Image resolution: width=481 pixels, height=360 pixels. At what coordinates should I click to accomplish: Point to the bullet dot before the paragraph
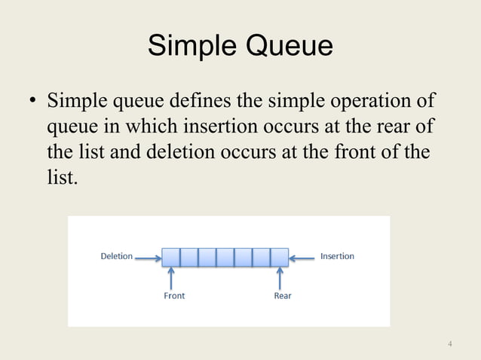(x=33, y=102)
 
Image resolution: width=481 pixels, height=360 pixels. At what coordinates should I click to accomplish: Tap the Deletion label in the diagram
(x=116, y=256)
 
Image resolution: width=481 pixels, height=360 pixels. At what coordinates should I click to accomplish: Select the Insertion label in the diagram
(x=337, y=256)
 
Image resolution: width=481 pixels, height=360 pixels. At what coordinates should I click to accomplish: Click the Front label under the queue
(x=174, y=296)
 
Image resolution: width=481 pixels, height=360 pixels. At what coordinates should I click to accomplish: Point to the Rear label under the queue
(x=283, y=296)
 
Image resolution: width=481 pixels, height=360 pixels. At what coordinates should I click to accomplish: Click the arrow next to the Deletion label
(x=148, y=257)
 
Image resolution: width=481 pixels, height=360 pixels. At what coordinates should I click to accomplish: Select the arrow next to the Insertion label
(x=304, y=257)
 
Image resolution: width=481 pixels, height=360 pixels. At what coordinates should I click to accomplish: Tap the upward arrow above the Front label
(x=171, y=278)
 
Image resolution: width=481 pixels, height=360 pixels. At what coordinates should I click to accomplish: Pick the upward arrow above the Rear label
(x=280, y=278)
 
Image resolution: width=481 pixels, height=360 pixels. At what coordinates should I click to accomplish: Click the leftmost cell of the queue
(x=171, y=257)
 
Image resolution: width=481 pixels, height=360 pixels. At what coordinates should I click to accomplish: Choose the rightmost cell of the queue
(x=280, y=257)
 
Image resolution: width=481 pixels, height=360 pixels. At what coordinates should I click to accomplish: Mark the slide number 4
(x=450, y=345)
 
